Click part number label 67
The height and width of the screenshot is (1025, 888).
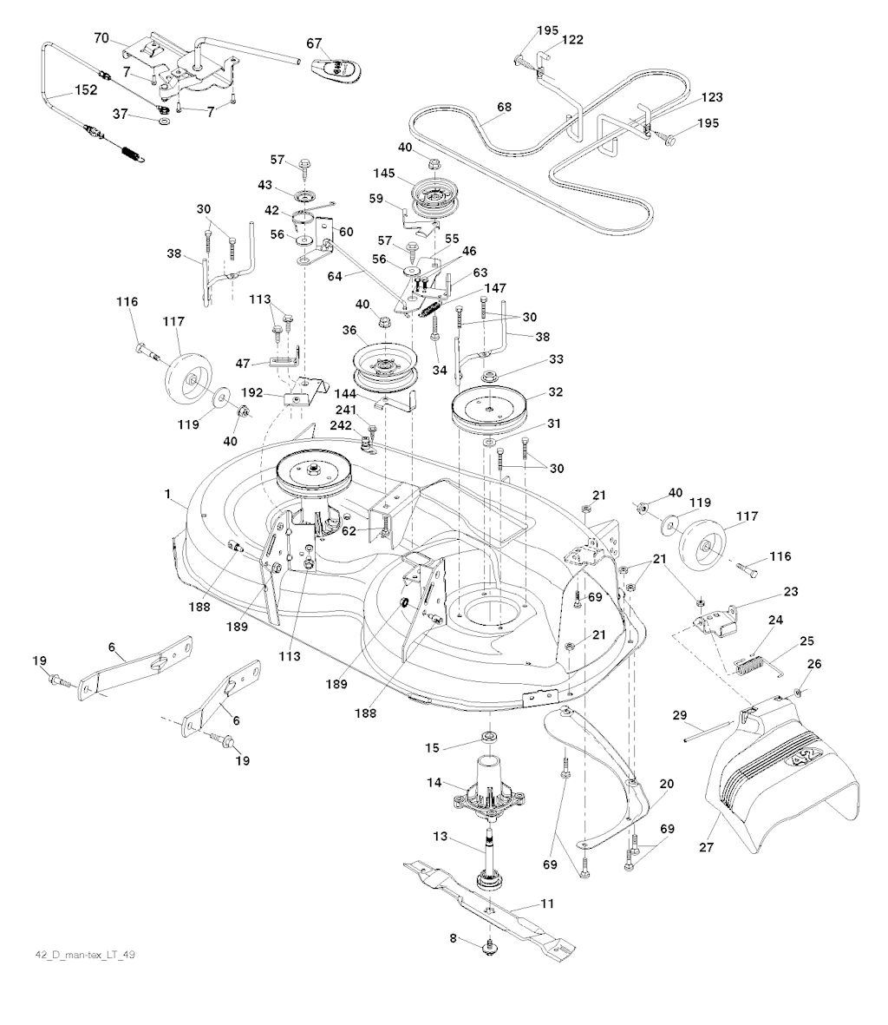(314, 43)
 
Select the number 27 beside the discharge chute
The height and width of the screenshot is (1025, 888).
(708, 847)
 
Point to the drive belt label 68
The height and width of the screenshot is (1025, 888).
(504, 108)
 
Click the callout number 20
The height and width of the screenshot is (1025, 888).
(666, 784)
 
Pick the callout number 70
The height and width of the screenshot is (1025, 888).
(102, 38)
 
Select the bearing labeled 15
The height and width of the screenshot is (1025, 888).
(489, 739)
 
